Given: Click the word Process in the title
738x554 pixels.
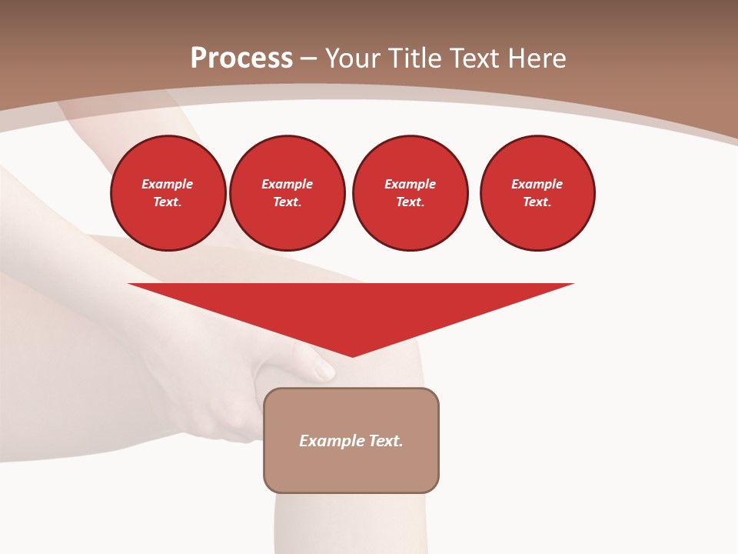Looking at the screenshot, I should pyautogui.click(x=241, y=58).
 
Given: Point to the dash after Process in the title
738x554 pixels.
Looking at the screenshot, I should pyautogui.click(x=308, y=58).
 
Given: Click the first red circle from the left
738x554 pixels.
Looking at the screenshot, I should pyautogui.click(x=168, y=193).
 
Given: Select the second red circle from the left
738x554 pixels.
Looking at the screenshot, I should pyautogui.click(x=288, y=193).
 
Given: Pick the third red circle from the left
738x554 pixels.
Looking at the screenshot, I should pyautogui.click(x=411, y=193).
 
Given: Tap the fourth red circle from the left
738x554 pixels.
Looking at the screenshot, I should pyautogui.click(x=537, y=193).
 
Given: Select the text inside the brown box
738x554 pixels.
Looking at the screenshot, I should pyautogui.click(x=351, y=441).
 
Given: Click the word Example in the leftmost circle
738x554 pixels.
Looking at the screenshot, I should pyautogui.click(x=168, y=184).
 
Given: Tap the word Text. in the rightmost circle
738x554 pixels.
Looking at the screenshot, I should pyautogui.click(x=537, y=202).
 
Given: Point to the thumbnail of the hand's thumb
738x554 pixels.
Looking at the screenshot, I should pyautogui.click(x=324, y=371).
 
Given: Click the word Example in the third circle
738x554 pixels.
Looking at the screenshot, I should pyautogui.click(x=411, y=184).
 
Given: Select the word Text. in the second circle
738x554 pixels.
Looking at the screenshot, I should pyautogui.click(x=288, y=202).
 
